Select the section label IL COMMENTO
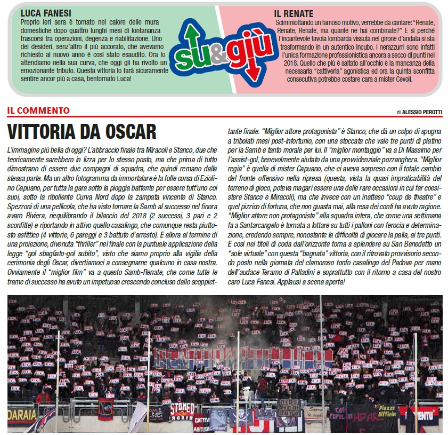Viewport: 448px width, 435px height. tap(38, 111)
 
